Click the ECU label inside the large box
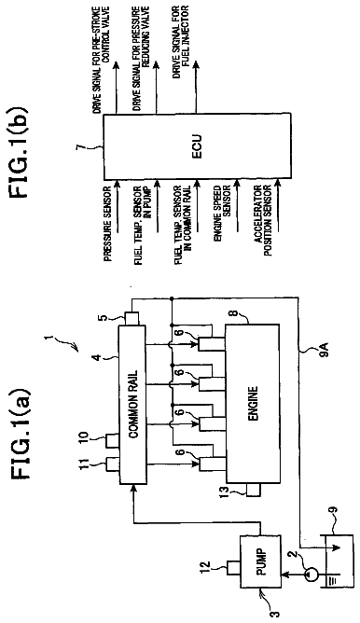click(198, 146)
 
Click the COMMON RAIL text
click(133, 405)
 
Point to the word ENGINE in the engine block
click(252, 403)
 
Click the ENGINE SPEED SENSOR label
click(222, 214)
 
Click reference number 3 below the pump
click(275, 614)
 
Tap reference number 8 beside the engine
click(236, 312)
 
